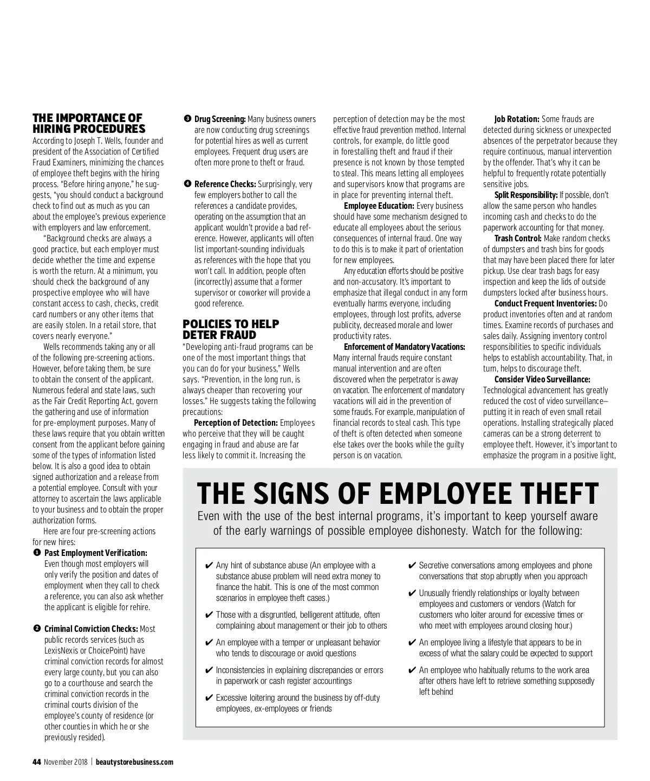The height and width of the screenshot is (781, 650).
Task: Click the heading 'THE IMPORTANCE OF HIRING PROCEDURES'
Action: pos(89,123)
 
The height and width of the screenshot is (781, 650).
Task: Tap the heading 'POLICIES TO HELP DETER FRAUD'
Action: pos(231,329)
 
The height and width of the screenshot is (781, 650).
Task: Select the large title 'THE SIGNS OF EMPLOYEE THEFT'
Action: pos(398,493)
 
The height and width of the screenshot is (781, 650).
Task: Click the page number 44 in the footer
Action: pos(37,762)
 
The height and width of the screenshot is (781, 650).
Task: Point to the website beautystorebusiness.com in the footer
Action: pos(134,762)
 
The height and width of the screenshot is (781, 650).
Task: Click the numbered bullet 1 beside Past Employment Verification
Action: pos(36,553)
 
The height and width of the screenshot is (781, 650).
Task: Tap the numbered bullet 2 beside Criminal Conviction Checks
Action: pos(36,629)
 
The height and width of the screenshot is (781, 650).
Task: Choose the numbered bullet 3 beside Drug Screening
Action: pos(187,119)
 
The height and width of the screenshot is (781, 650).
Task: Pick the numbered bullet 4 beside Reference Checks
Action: pos(187,184)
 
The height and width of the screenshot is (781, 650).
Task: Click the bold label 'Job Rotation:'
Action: pos(516,119)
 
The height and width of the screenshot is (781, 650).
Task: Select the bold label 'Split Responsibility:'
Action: pos(525,195)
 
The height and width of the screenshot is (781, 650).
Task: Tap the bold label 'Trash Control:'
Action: pos(517,238)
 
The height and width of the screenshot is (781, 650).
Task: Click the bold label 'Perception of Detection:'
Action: pos(236,422)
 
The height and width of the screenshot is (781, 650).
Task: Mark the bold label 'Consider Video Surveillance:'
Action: pos(542,379)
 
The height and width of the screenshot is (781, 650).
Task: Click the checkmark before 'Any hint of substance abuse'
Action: pos(209,566)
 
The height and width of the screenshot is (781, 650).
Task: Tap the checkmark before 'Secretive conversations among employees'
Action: pos(412,566)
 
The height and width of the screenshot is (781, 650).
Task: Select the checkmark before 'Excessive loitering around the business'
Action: pos(209,698)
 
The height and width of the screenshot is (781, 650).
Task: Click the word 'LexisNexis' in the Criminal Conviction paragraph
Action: pos(62,650)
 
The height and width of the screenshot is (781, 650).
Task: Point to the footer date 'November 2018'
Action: pos(67,762)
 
